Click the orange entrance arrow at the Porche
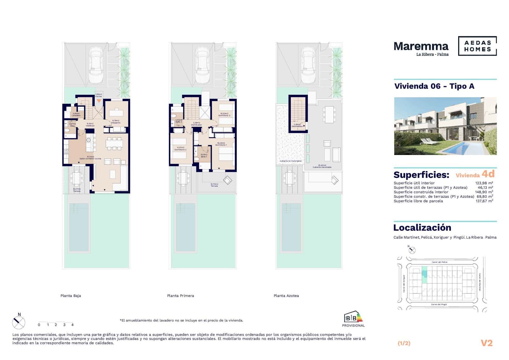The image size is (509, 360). pyautogui.click(x=99, y=101)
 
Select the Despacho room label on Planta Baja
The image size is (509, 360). pyautogui.click(x=116, y=122)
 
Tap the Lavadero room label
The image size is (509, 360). pyautogui.click(x=76, y=114)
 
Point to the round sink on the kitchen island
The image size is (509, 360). pyautogui.click(x=89, y=140)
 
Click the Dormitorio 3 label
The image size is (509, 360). pyautogui.click(x=224, y=114)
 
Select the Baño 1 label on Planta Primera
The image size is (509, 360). pyautogui.click(x=204, y=155)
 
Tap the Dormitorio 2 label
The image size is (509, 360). pyautogui.click(x=180, y=148)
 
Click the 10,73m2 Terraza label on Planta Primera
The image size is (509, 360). pyautogui.click(x=214, y=185)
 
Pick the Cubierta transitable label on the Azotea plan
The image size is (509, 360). pyautogui.click(x=322, y=166)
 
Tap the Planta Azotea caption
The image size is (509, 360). pyautogui.click(x=286, y=296)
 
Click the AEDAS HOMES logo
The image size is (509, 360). pyautogui.click(x=477, y=46)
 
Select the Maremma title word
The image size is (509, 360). pyautogui.click(x=421, y=46)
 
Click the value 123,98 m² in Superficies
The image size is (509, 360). pyautogui.click(x=484, y=183)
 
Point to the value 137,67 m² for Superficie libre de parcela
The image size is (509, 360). pyautogui.click(x=484, y=201)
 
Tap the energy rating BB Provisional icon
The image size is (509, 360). pyautogui.click(x=353, y=318)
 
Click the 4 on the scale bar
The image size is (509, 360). pyautogui.click(x=73, y=325)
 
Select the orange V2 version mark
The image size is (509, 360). pyautogui.click(x=486, y=343)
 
